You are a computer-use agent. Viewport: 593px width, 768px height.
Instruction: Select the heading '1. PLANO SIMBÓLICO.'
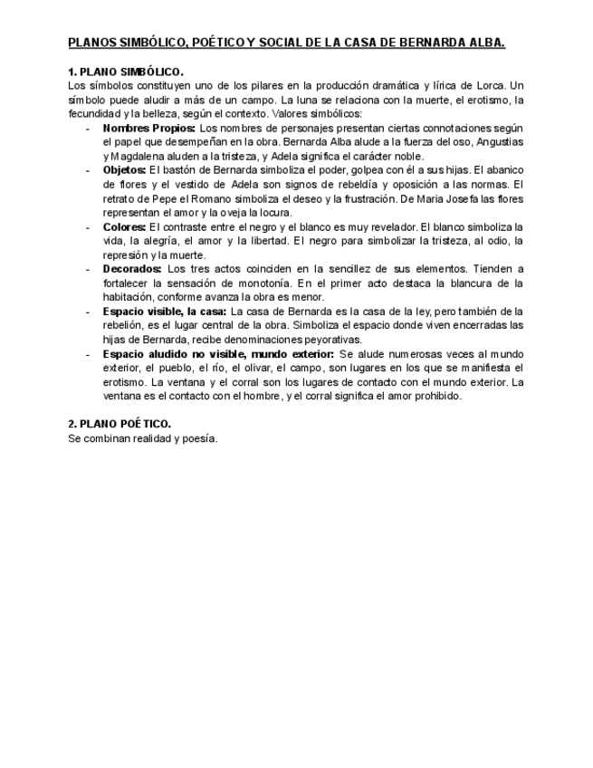[x=125, y=72]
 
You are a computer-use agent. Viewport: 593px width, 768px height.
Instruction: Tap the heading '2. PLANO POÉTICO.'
[x=120, y=423]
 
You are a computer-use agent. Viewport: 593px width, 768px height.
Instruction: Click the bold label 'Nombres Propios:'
[x=148, y=129]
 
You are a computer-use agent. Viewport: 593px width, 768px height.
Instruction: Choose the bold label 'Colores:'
[x=125, y=226]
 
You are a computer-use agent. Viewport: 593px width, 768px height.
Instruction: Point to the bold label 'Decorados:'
[x=132, y=269]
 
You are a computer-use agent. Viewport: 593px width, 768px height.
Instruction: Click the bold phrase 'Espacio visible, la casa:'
[x=165, y=311]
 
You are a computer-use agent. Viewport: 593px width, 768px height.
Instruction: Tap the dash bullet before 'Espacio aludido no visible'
[x=87, y=353]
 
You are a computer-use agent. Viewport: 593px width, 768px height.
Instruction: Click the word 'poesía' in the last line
[x=198, y=438]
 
